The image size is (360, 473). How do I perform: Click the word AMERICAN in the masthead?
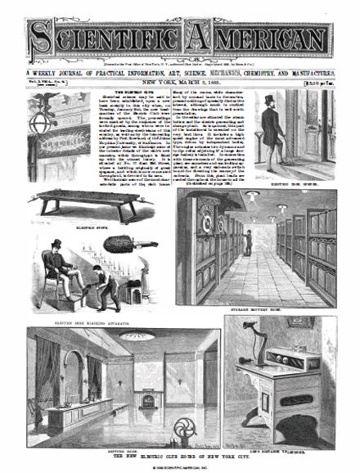[262, 37]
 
